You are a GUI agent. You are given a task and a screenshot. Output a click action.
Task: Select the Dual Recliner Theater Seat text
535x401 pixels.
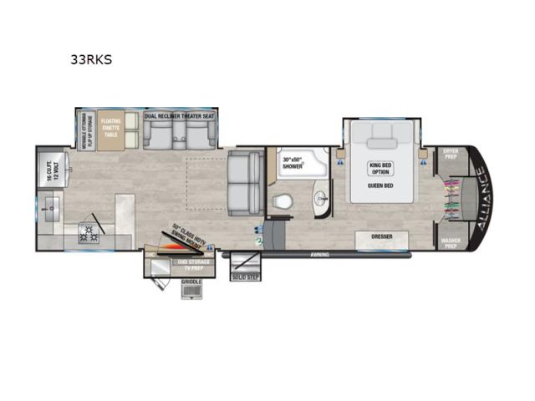[179, 116]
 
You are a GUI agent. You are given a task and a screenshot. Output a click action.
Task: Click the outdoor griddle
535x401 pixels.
[191, 290]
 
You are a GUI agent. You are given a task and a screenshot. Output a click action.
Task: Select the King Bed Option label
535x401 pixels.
[380, 169]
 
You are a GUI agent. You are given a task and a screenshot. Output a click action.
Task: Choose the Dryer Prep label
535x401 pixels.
[449, 155]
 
